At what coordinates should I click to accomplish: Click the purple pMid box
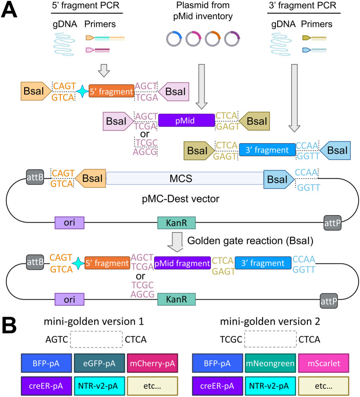click(x=187, y=120)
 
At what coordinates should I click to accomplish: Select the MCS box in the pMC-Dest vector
click(x=185, y=178)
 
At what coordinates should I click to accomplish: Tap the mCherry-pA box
click(x=152, y=363)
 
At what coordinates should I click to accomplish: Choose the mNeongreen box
click(x=270, y=363)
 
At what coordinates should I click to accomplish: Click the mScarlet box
click(x=323, y=363)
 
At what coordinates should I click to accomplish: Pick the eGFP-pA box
click(x=99, y=363)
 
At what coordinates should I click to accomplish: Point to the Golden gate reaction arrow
click(x=176, y=242)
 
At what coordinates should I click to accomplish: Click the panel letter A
click(x=9, y=11)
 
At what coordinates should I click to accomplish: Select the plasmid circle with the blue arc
click(x=174, y=39)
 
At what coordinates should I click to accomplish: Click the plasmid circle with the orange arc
click(x=213, y=39)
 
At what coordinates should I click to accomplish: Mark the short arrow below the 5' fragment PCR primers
click(x=104, y=71)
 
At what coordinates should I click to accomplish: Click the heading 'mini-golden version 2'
click(x=270, y=321)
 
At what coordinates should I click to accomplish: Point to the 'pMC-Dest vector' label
click(x=180, y=199)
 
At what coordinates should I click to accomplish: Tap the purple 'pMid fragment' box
click(x=183, y=263)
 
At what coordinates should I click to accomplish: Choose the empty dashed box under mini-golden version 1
click(x=97, y=339)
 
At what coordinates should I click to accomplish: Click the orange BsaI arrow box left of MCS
click(x=90, y=178)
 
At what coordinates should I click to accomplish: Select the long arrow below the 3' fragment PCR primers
click(x=295, y=98)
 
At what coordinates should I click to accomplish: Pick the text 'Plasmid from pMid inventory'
click(x=203, y=11)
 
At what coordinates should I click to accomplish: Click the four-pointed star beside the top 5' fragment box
click(x=82, y=92)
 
